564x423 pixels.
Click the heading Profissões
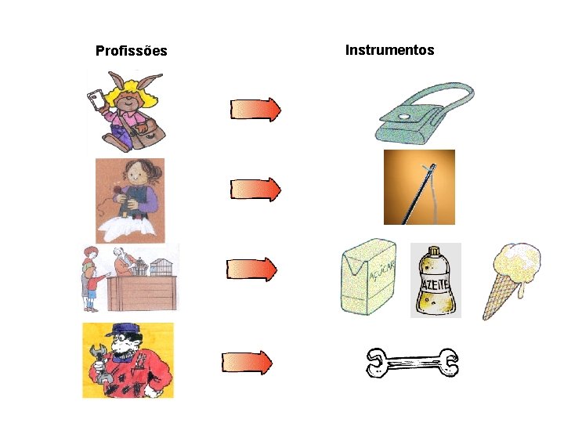click(x=131, y=51)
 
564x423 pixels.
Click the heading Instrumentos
click(x=389, y=50)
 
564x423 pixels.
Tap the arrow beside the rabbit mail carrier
click(x=255, y=110)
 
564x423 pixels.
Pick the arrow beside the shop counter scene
click(x=251, y=269)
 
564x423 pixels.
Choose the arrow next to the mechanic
click(x=248, y=362)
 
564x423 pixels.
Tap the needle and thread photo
click(x=418, y=187)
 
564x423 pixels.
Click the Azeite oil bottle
click(x=435, y=280)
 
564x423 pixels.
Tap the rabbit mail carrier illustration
click(x=125, y=110)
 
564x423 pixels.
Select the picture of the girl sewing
click(x=130, y=200)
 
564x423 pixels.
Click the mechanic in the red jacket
click(x=128, y=361)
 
